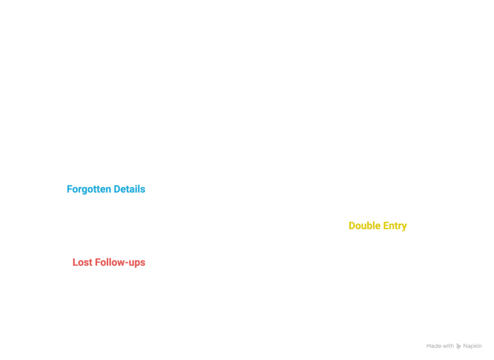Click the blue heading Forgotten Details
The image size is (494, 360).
pos(106,189)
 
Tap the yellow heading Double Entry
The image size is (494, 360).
pos(377,226)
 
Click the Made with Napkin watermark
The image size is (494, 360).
pos(454,346)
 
